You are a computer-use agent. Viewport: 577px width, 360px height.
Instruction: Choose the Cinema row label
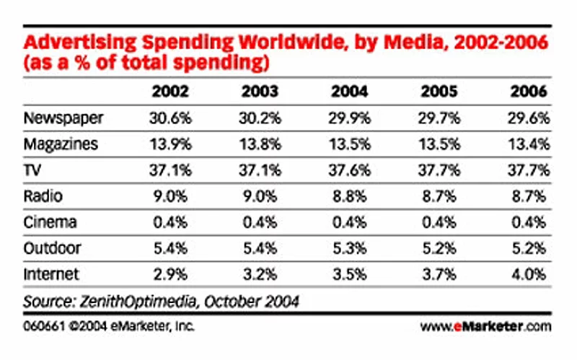[50, 221]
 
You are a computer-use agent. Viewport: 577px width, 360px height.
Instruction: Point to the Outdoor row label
[53, 248]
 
